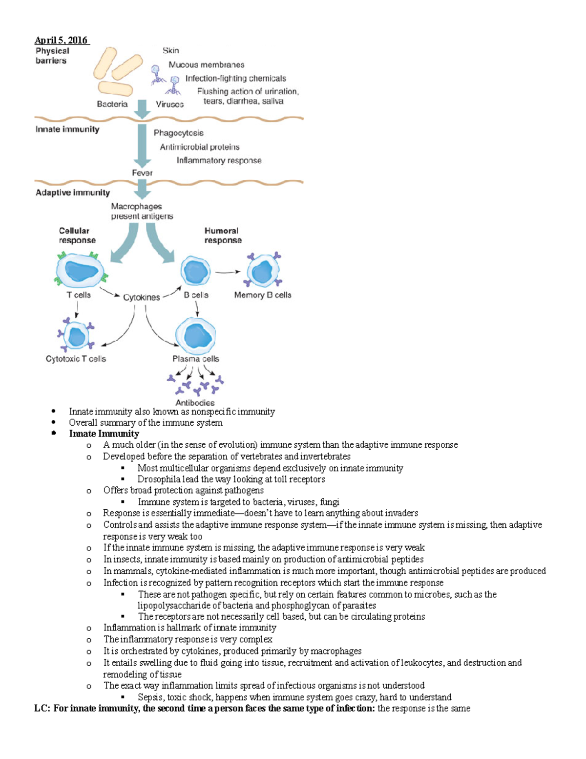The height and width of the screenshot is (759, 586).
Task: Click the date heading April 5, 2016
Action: coord(61,40)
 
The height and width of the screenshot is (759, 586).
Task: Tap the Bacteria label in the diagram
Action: coord(112,104)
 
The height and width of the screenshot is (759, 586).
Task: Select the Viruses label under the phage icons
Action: coord(169,104)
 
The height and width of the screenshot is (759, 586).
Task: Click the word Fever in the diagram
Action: coord(142,173)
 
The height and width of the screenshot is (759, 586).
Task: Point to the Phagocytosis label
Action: coord(178,133)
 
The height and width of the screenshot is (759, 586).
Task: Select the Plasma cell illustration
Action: coord(195,336)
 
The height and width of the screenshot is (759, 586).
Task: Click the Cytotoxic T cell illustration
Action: coord(76,335)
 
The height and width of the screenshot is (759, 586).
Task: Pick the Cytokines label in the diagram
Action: coord(141,297)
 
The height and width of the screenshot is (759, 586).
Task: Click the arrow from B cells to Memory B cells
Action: coord(228,272)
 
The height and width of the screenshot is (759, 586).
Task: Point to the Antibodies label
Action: coord(195,403)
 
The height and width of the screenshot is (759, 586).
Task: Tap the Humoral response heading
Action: coord(223,236)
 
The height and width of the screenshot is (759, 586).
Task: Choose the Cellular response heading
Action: coord(77,236)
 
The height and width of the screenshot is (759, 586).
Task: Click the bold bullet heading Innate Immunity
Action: coord(104,434)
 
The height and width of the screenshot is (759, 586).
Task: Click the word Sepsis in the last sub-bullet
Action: coord(150,697)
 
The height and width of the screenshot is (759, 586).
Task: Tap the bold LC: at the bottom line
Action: coord(42,709)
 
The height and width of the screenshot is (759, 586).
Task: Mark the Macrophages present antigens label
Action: coord(142,211)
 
